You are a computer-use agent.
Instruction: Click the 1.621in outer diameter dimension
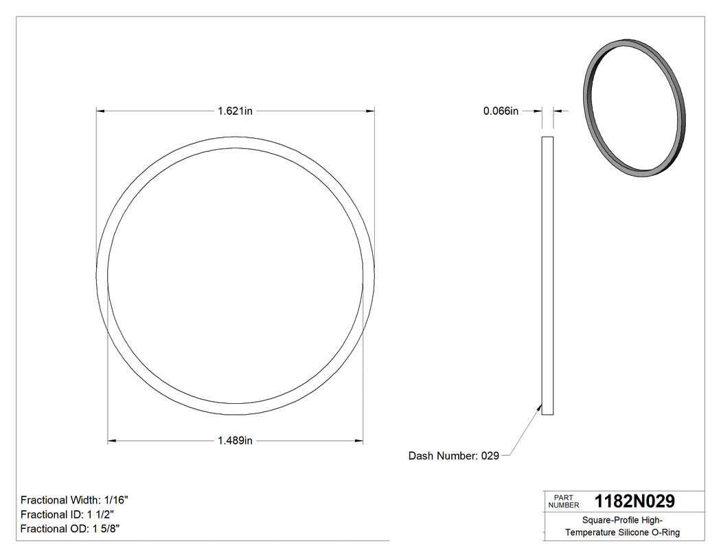pos(235,111)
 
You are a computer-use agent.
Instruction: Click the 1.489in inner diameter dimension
pos(235,441)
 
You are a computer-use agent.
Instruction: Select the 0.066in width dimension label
pos(501,111)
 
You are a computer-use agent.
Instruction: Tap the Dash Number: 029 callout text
pos(453,455)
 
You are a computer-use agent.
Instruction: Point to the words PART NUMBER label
pos(564,501)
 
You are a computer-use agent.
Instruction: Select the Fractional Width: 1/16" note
pos(75,500)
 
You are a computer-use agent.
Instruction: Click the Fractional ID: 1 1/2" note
pos(67,514)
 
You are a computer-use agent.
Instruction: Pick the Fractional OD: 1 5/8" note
pos(71,529)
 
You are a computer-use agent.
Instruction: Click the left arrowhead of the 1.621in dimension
pos(100,111)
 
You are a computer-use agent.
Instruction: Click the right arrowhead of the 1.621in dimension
pos(370,111)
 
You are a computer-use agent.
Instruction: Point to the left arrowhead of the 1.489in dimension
pos(112,441)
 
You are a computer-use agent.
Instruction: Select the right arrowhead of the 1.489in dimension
pos(359,441)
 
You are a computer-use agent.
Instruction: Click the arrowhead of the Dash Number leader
pos(540,407)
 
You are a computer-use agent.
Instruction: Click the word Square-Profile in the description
pos(610,520)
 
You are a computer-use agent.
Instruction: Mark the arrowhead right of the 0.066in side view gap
pos(557,111)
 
